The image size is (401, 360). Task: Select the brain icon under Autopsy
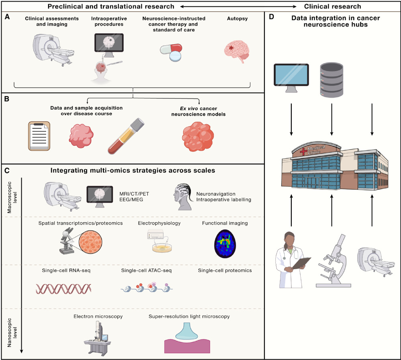(236, 52)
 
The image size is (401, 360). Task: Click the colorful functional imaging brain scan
(225, 243)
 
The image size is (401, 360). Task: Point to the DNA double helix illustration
(63, 288)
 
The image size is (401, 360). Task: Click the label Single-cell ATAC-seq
(147, 271)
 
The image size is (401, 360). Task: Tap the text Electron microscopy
(98, 317)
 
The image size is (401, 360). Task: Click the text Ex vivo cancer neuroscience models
(198, 111)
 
